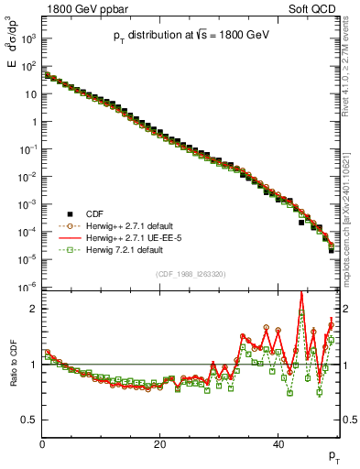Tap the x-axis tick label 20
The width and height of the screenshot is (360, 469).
160,443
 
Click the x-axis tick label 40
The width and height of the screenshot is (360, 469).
278,443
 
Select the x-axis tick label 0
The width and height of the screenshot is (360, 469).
43,443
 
